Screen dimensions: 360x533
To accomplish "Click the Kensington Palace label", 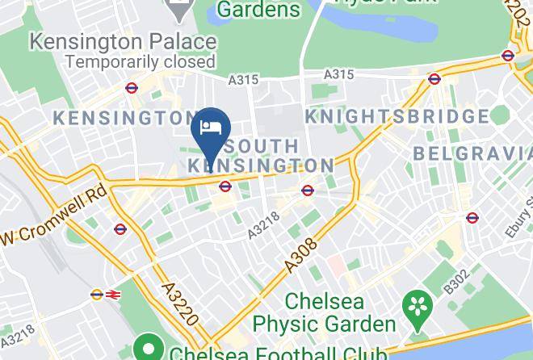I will [123, 41].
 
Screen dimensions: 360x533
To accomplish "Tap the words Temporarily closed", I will [141, 61].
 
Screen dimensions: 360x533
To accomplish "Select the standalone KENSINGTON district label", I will [121, 118].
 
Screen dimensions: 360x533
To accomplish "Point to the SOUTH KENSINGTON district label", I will [261, 156].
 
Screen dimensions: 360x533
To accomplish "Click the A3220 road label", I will [178, 303].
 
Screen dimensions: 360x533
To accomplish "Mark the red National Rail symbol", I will [111, 295].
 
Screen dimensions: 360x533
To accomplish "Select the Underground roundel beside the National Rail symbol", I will [97, 295].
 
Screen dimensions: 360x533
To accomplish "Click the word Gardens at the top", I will [258, 10].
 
